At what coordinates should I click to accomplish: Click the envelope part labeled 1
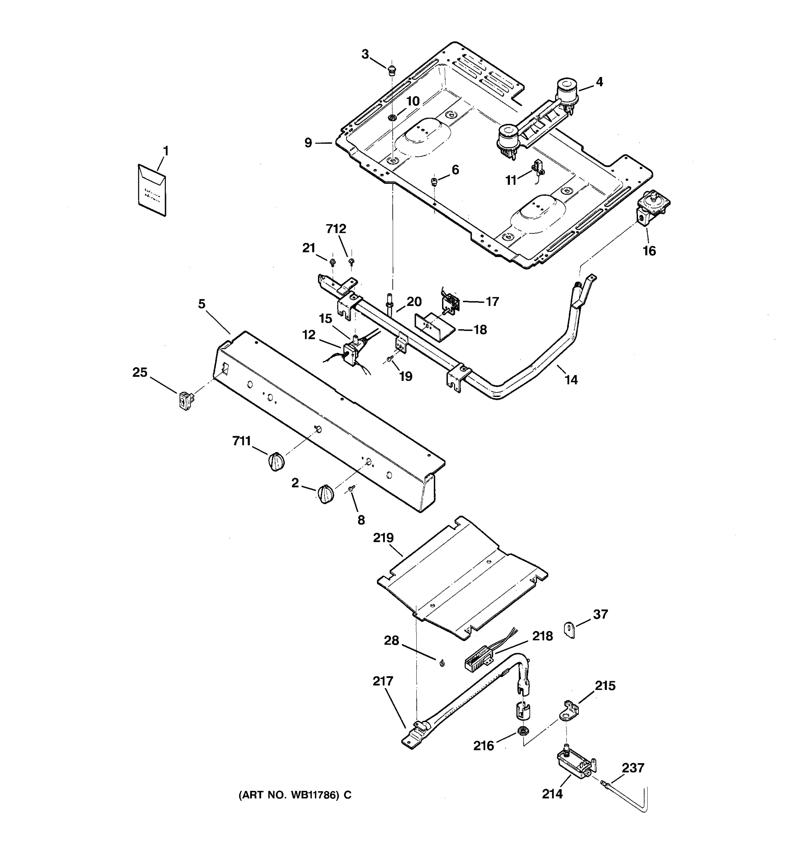(x=152, y=190)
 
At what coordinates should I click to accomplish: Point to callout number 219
(x=383, y=538)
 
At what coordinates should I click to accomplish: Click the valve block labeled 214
(x=575, y=765)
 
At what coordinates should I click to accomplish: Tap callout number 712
(x=336, y=229)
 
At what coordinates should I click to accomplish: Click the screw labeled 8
(x=352, y=489)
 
